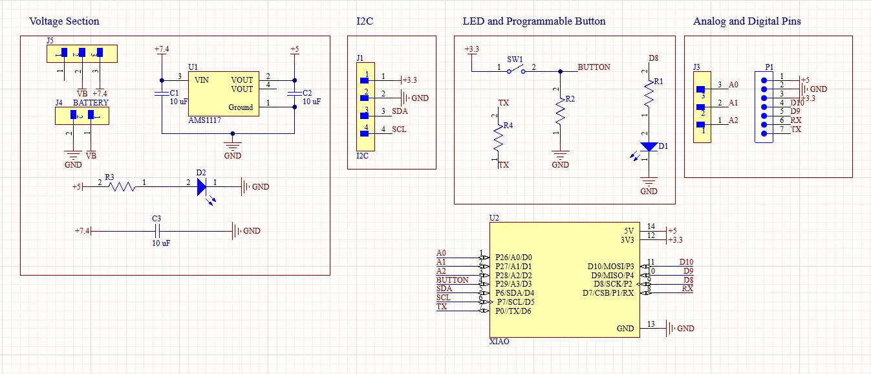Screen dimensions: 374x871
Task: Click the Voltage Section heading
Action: coord(64,21)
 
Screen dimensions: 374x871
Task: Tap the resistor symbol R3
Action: coord(121,187)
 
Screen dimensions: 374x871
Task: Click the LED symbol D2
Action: coord(201,187)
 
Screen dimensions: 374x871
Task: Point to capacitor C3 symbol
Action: coord(156,231)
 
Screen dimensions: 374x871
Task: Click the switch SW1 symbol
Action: coord(515,71)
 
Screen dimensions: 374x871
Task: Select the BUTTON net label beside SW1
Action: coord(594,67)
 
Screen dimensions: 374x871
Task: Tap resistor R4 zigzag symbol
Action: coord(498,138)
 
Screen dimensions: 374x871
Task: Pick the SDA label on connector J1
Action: coord(399,111)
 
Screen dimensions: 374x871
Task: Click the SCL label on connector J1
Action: coord(399,129)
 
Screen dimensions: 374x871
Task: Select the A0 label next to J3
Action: coord(733,85)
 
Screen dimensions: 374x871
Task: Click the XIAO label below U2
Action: coord(499,342)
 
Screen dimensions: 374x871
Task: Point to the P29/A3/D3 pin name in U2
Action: coord(513,284)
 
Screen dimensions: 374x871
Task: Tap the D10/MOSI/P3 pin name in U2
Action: coord(610,266)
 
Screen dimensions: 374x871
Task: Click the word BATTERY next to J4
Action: coord(91,103)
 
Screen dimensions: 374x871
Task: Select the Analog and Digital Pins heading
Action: coord(747,21)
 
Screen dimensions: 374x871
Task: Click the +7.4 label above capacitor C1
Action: coord(162,49)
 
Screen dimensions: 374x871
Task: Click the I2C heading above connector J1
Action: coord(365,21)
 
